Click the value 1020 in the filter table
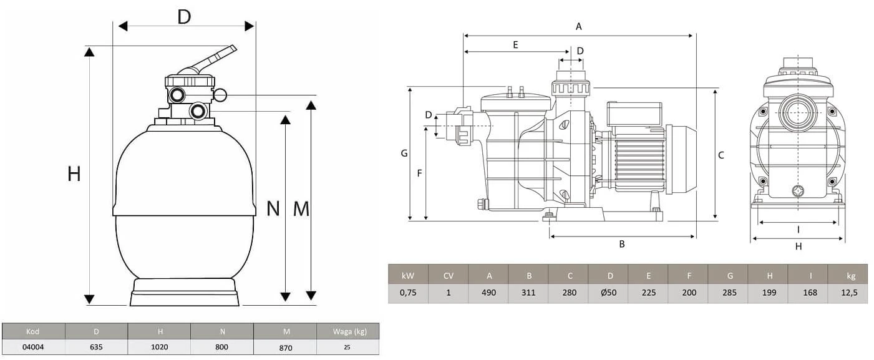[159, 347]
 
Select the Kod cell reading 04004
[34, 347]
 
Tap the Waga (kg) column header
[347, 331]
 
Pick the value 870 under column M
[284, 348]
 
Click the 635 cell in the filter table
[96, 347]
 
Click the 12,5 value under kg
[847, 293]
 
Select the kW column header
[408, 275]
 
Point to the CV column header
[448, 275]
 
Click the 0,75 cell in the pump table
[408, 293]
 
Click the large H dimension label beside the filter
[74, 175]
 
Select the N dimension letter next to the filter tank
[273, 208]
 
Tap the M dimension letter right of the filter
[301, 209]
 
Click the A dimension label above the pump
[578, 26]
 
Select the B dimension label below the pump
[621, 244]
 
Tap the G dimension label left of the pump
[404, 153]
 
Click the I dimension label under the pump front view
[798, 230]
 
